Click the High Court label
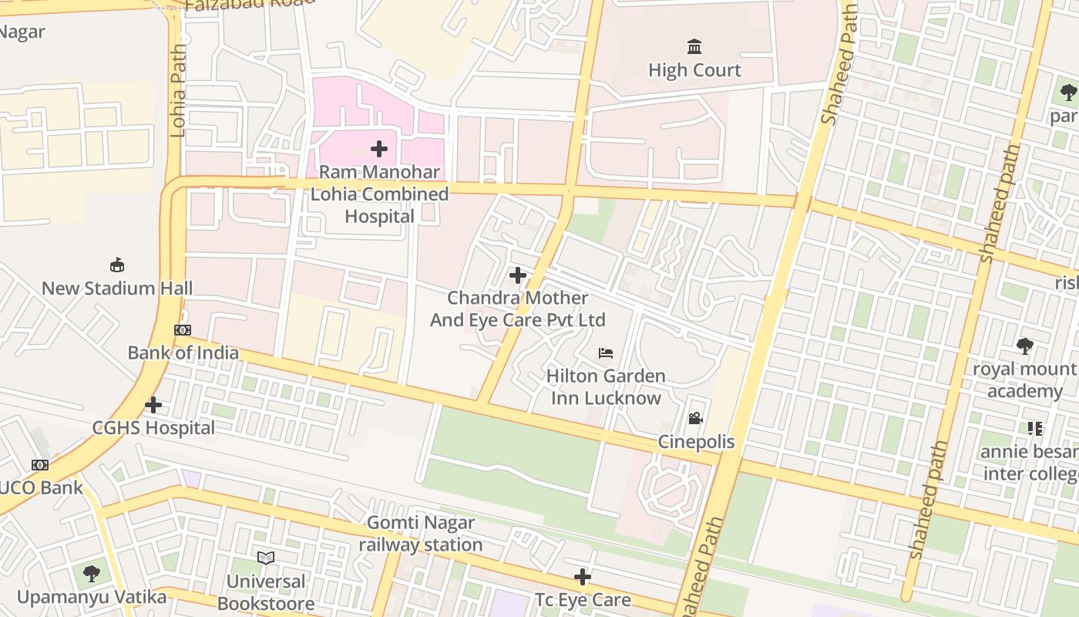tap(694, 70)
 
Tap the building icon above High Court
tap(694, 47)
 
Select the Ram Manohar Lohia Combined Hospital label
tap(379, 194)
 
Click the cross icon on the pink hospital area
tap(379, 148)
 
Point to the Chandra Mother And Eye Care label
tap(517, 308)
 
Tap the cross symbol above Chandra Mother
tap(518, 275)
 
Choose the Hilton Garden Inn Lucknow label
tap(606, 387)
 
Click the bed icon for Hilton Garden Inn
tap(606, 353)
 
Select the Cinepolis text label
tap(696, 443)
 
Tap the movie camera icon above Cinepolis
tap(695, 419)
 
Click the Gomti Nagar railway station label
tap(421, 534)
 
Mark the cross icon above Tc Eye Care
tap(583, 577)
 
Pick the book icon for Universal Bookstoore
tap(266, 558)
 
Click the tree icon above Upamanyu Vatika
tap(92, 573)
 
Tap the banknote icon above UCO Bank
tap(40, 465)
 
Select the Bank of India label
tap(183, 353)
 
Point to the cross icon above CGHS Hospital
tap(153, 404)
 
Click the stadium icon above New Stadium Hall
tap(117, 265)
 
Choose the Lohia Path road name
tap(178, 90)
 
